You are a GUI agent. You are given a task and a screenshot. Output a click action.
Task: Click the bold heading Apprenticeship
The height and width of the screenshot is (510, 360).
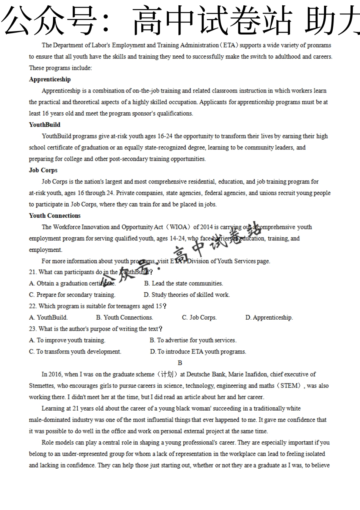click(x=50, y=79)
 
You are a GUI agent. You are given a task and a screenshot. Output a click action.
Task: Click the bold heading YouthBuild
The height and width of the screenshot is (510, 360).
click(x=44, y=125)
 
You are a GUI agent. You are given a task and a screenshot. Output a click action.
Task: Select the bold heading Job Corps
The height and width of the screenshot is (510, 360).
click(x=43, y=170)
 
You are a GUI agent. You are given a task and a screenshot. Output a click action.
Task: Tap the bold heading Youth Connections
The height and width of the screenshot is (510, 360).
click(x=55, y=216)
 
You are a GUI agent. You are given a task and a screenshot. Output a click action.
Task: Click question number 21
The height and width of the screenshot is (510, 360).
click(x=32, y=272)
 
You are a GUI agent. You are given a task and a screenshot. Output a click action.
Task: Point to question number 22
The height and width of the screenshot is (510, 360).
click(x=32, y=306)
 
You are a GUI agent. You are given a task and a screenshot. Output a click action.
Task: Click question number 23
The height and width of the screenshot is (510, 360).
click(x=32, y=329)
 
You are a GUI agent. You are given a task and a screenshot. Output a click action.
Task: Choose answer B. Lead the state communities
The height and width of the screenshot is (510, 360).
click(x=183, y=283)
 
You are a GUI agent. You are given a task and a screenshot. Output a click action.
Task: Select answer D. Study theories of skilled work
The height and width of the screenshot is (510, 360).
click(x=186, y=295)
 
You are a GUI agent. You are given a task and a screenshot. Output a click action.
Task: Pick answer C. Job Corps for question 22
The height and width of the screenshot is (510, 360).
click(x=199, y=317)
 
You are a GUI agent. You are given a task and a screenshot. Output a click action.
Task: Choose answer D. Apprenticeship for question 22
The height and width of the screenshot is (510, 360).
click(x=269, y=317)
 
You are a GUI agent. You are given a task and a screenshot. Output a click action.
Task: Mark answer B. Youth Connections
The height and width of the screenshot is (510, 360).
click(x=124, y=317)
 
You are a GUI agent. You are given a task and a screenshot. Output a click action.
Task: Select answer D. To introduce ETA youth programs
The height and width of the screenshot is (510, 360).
click(x=198, y=352)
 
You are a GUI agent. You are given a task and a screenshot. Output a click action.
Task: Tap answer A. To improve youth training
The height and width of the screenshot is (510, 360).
click(x=67, y=340)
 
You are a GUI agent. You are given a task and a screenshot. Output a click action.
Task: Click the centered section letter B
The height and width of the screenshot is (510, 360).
click(x=180, y=363)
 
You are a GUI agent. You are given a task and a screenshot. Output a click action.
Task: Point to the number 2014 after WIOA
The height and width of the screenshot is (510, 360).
click(x=207, y=227)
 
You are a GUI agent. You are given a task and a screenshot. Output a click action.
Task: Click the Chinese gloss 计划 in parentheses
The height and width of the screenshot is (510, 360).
click(x=166, y=374)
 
